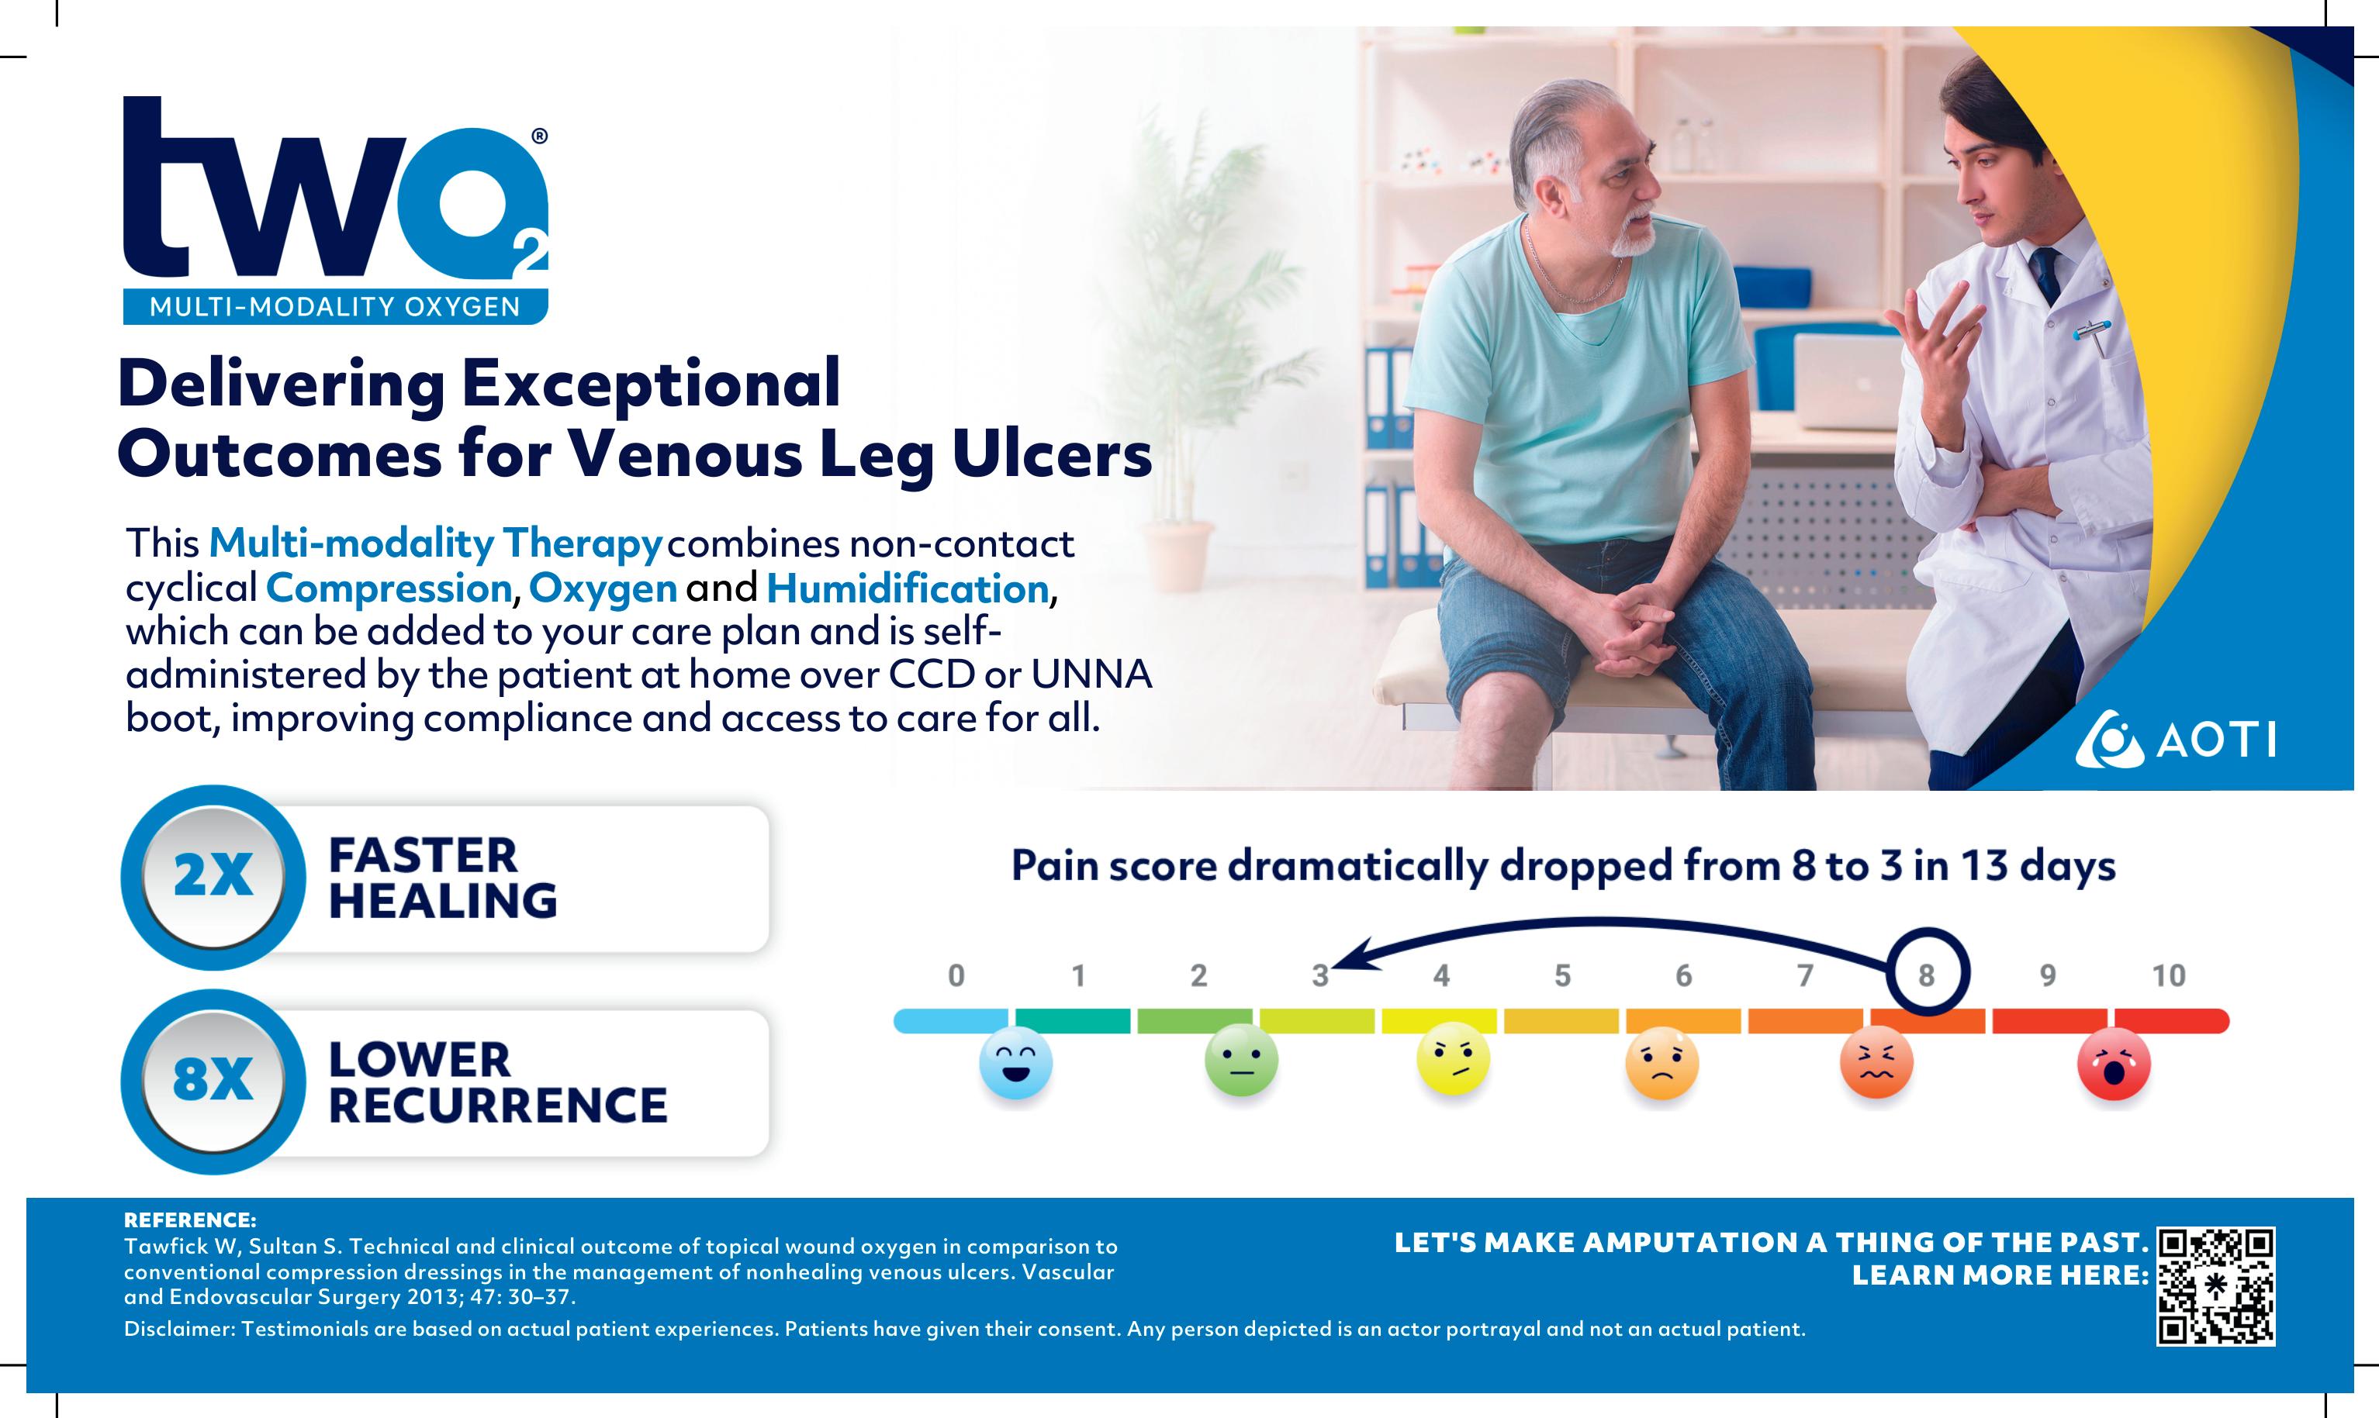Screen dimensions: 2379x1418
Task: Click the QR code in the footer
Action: click(2215, 1286)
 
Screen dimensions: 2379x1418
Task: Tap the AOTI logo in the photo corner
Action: click(2176, 740)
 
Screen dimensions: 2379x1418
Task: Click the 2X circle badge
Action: click(213, 877)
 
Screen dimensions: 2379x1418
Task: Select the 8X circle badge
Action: click(213, 1081)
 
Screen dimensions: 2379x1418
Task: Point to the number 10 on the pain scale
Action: click(2169, 975)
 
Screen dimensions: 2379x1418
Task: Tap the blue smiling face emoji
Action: click(1016, 1064)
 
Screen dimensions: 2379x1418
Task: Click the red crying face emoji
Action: click(2114, 1064)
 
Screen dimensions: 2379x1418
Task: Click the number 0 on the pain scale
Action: click(956, 975)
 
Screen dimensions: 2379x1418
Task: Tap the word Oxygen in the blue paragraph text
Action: click(603, 589)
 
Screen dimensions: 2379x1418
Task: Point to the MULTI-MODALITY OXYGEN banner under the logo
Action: click(336, 307)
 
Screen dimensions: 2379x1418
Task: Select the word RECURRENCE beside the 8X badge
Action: click(498, 1106)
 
